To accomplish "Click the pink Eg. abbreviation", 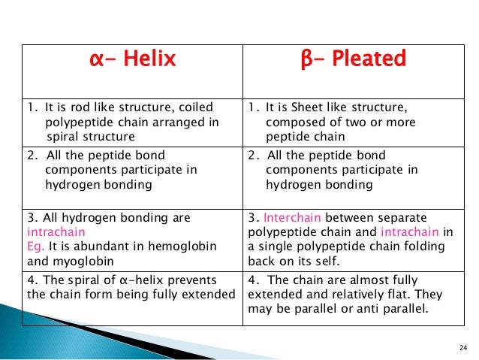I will point(37,246).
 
